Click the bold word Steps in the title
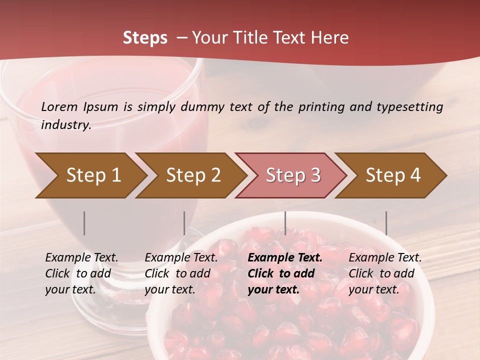point(145,38)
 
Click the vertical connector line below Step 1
point(84,223)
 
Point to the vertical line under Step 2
point(184,223)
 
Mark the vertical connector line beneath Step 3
point(285,223)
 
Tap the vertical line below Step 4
point(386,223)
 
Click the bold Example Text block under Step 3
point(284,273)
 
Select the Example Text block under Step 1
point(81,273)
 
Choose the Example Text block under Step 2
point(181,273)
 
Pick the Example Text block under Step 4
point(384,273)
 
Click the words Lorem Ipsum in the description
point(79,107)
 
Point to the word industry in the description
point(65,125)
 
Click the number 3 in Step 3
point(315,175)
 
